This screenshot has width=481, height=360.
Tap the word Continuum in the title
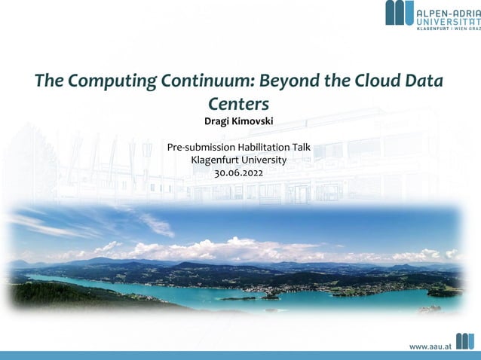pyautogui.click(x=203, y=81)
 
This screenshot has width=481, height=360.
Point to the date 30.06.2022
pyautogui.click(x=239, y=172)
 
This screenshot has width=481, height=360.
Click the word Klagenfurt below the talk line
pyautogui.click(x=215, y=160)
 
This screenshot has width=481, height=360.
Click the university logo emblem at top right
pyautogui.click(x=400, y=12)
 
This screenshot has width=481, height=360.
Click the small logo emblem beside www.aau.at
pyautogui.click(x=465, y=341)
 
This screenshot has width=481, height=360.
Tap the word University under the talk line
pyautogui.click(x=264, y=160)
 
